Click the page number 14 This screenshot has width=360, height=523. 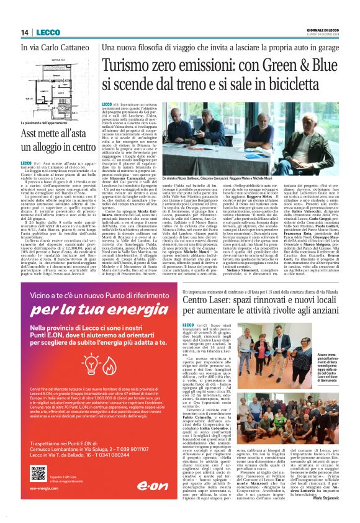(x=25, y=32)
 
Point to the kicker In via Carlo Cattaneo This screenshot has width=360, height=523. (x=52, y=48)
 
